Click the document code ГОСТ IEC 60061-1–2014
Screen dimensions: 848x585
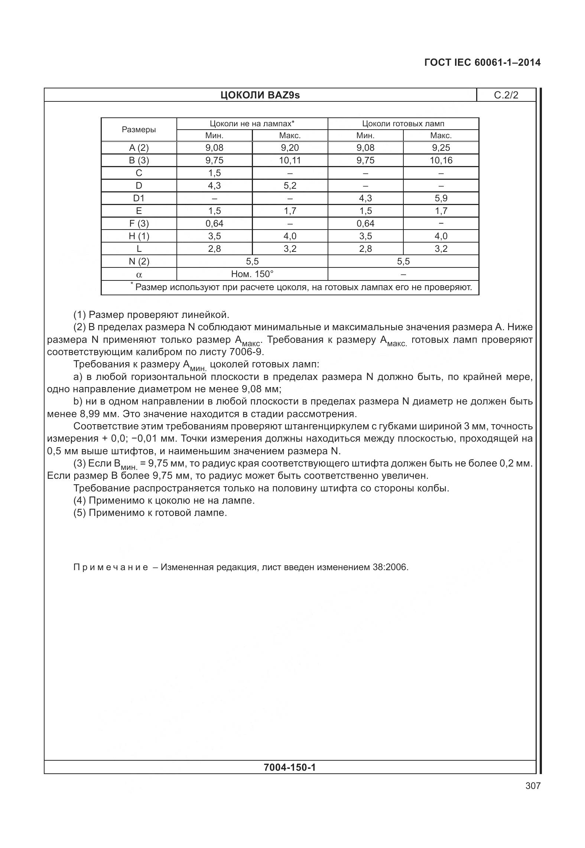[482, 62]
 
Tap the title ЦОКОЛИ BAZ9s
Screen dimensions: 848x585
[260, 95]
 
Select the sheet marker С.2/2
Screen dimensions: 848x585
[506, 95]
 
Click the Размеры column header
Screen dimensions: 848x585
[139, 130]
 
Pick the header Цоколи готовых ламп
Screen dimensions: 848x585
[403, 124]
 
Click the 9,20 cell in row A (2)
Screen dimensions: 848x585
[290, 148]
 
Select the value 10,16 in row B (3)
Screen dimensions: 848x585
[441, 160]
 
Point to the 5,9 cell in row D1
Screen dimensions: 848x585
[441, 198]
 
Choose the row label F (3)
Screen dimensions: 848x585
[139, 224]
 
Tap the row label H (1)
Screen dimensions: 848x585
[139, 236]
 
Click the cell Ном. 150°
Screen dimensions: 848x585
[252, 274]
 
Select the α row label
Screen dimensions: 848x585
[139, 275]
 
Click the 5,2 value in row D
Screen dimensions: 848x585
[290, 186]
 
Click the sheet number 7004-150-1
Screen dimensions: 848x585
[289, 767]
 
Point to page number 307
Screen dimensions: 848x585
[533, 786]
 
